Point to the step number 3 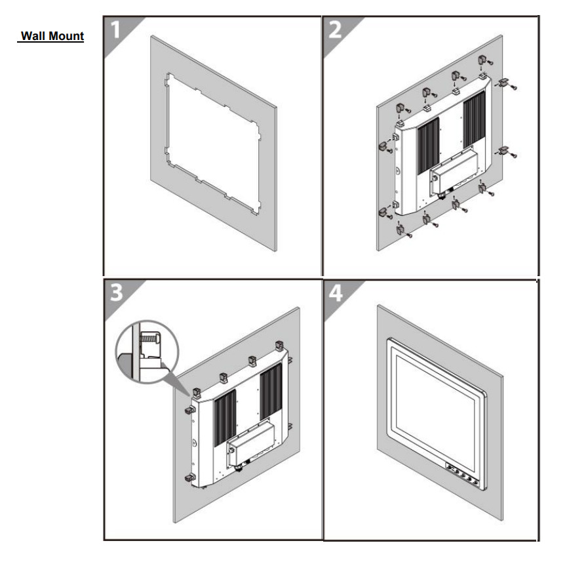117,292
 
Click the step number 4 336,293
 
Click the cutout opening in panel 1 211,141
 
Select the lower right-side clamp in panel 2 503,151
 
